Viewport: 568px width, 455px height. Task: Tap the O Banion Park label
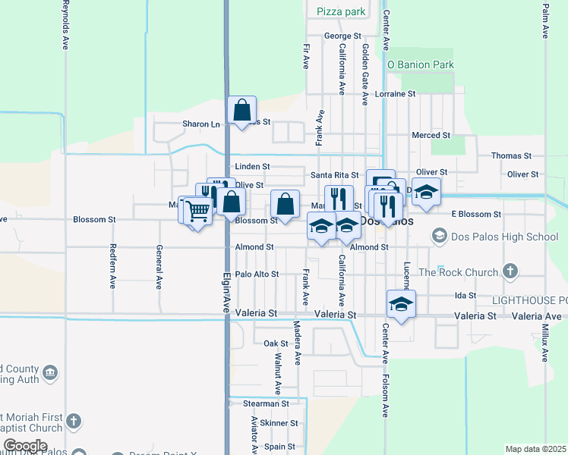tap(420, 64)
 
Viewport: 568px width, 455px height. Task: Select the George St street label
tap(342, 36)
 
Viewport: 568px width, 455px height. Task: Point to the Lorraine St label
tap(396, 94)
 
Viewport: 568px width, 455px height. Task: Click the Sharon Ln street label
tap(200, 124)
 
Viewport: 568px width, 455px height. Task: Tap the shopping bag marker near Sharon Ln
tap(241, 111)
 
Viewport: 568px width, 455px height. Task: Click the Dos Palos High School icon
tap(439, 237)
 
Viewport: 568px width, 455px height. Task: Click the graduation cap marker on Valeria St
tap(401, 304)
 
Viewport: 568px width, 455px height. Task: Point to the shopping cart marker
tap(197, 210)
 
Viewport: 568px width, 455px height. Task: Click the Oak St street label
tap(276, 344)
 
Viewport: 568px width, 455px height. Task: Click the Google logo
tap(25, 446)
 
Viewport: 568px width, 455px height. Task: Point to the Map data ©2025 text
tap(535, 449)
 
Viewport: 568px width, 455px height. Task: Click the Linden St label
tap(252, 166)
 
